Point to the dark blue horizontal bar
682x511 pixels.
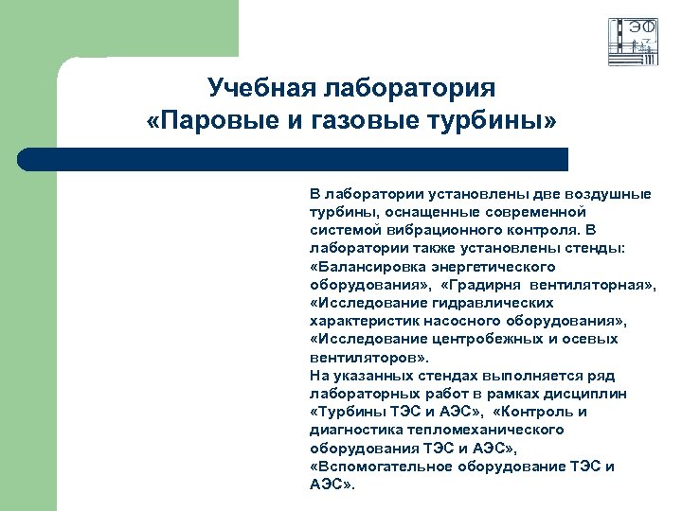point(294,159)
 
